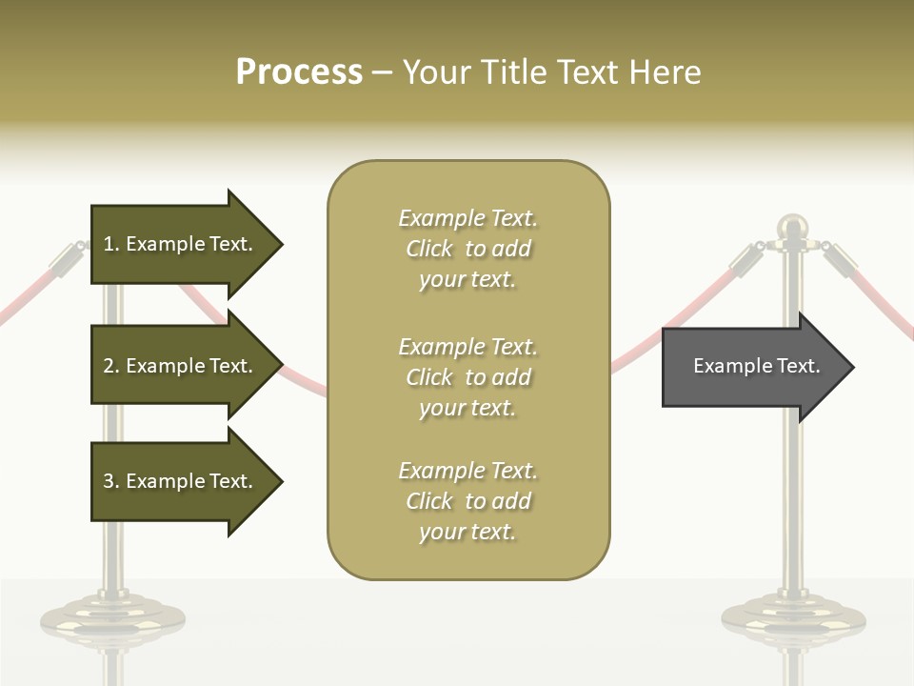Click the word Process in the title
[x=299, y=71]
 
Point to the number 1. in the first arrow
[x=111, y=244]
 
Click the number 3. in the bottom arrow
[x=111, y=481]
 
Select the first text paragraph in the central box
[x=467, y=249]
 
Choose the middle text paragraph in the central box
[x=467, y=377]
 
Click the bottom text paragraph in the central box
[x=467, y=501]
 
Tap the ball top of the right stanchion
[x=792, y=227]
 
